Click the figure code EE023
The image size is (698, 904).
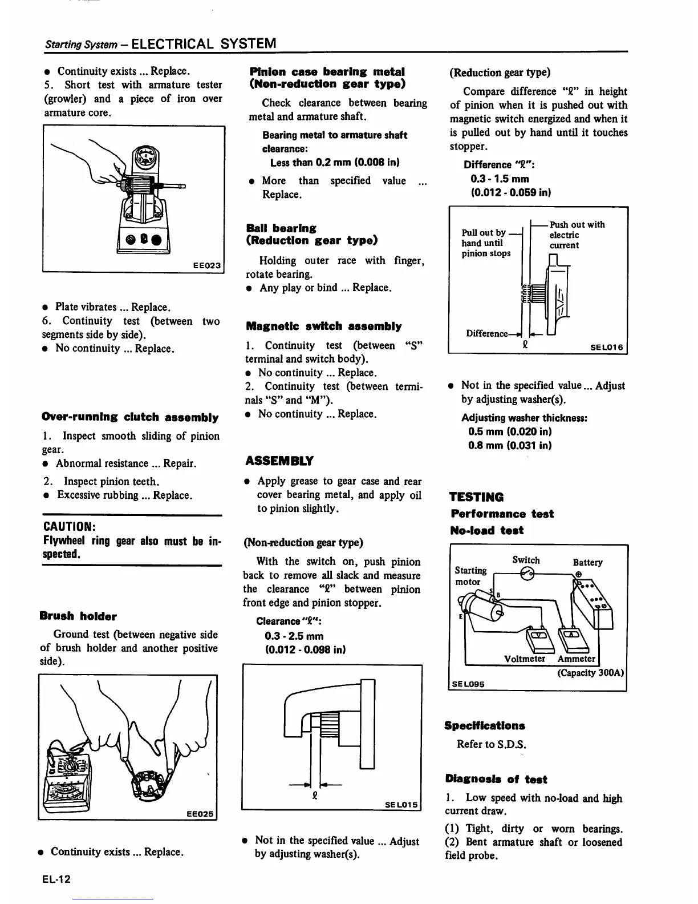[x=206, y=265]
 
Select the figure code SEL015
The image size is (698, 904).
[x=401, y=805]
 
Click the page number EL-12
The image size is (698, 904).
[x=56, y=879]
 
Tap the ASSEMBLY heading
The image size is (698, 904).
[x=279, y=461]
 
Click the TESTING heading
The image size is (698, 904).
[x=476, y=497]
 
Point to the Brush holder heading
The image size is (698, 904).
[x=78, y=616]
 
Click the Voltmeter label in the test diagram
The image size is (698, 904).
[x=525, y=659]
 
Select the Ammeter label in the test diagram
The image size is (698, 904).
[x=576, y=659]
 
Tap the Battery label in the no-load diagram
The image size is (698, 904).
[x=587, y=562]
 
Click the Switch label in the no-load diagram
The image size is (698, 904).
[x=526, y=560]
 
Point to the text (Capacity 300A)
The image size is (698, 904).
[x=591, y=672]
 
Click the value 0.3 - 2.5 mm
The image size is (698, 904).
[x=294, y=636]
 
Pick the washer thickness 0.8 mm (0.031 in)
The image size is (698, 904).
[x=509, y=446]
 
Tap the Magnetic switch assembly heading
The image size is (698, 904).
[x=323, y=326]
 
